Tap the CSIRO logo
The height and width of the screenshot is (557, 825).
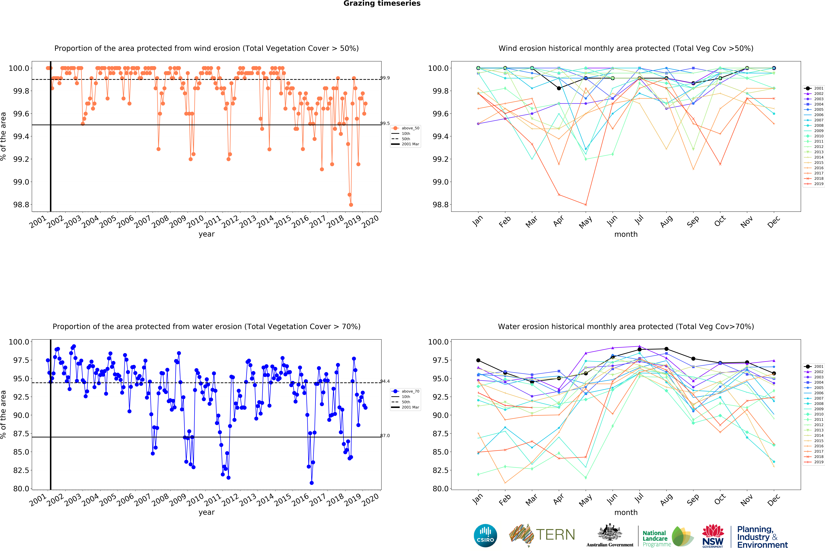coord(485,535)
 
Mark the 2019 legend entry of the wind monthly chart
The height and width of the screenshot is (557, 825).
coord(818,184)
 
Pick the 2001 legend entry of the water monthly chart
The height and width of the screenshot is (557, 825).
coord(818,366)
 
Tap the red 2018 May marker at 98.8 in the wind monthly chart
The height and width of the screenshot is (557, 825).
coord(586,205)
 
